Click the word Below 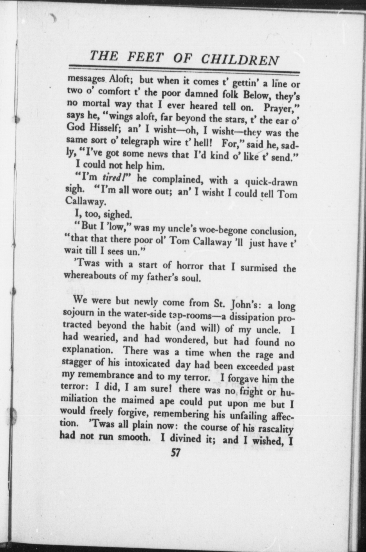257,95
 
